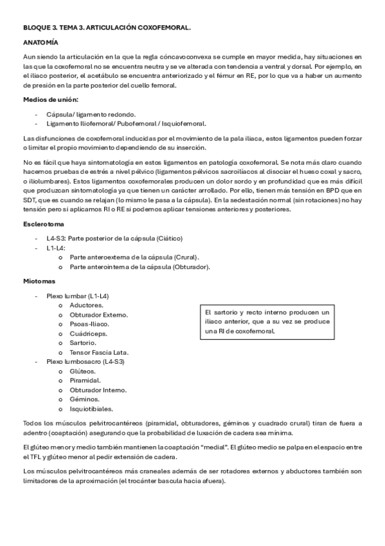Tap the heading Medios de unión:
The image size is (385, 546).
[x=51, y=99]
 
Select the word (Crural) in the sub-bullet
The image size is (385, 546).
[x=184, y=257]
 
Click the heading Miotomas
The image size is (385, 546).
[x=39, y=281]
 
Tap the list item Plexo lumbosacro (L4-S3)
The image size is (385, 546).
[x=85, y=361]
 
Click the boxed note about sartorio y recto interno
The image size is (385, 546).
[x=267, y=321]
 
